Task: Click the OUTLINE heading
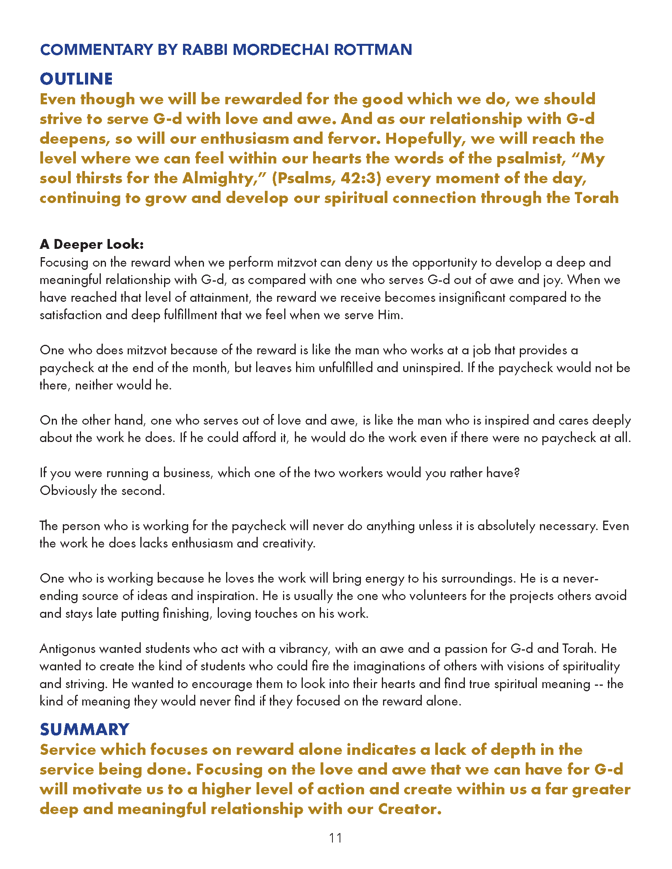click(x=76, y=79)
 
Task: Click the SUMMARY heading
click(x=85, y=729)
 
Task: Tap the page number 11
click(x=336, y=838)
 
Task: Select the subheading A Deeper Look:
click(x=92, y=244)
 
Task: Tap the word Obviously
click(x=68, y=491)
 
